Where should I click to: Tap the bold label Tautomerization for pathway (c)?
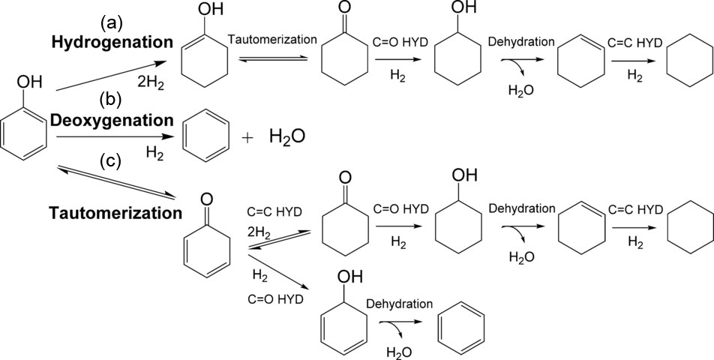pyautogui.click(x=115, y=213)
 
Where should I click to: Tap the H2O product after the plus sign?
pyautogui.click(x=287, y=138)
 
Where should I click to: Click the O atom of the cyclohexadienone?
pyautogui.click(x=207, y=199)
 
